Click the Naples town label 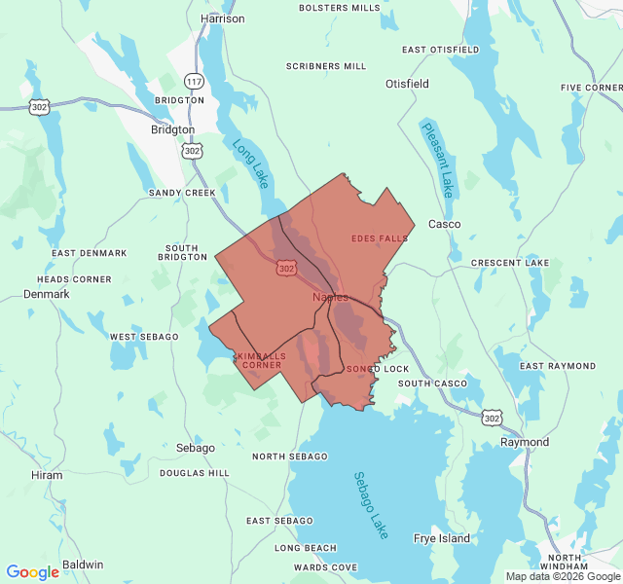330,297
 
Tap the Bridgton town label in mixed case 172,129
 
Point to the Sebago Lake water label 371,505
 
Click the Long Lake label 250,163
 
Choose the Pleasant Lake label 438,159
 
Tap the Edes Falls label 380,238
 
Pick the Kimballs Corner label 262,360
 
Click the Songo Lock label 378,370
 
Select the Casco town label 445,224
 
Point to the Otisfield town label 407,84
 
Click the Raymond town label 525,442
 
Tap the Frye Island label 442,538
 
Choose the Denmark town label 47,293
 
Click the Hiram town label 47,475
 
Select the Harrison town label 223,18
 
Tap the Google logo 32,572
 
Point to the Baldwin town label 83,565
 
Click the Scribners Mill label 326,66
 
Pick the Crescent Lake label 510,263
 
